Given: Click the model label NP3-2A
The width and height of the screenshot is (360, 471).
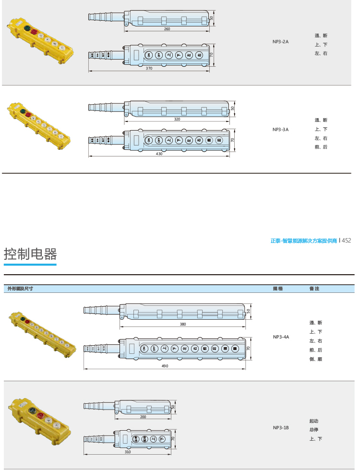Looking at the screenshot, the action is coord(280,42).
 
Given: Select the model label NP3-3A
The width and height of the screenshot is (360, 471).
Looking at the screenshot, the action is coord(280,129).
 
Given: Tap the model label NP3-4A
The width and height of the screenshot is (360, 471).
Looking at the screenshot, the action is coord(281,337).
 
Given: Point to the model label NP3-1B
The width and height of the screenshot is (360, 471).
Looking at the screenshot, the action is coord(281,428).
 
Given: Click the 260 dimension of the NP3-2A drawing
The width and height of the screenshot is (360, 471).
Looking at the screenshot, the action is coord(167,29).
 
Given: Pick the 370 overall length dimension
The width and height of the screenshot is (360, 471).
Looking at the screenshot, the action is coord(149,69).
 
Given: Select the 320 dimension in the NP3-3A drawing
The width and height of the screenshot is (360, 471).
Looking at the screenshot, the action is coord(177,119).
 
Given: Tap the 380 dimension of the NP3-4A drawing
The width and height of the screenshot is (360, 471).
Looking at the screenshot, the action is coord(183,324).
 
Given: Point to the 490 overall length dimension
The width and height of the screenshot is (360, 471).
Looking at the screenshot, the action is coord(164,366).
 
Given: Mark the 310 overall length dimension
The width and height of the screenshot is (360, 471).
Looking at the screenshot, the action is coord(128,452).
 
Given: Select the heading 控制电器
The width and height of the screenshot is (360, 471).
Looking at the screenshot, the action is coord(30,254).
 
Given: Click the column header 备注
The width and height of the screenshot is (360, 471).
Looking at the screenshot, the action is coord(314,289).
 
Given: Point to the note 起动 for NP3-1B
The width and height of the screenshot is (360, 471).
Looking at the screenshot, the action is coord(314,421).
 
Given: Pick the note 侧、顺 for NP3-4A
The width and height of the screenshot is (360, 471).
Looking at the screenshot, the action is coord(316,359).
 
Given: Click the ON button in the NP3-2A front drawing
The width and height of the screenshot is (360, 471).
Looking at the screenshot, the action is coord(149,55).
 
